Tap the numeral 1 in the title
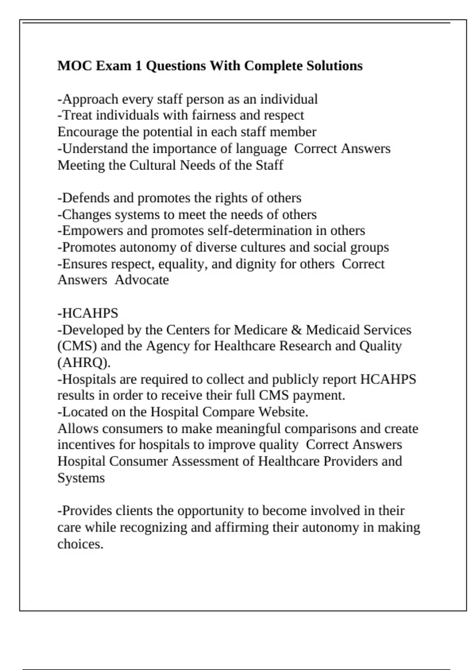coord(138,65)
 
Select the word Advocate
coord(142,280)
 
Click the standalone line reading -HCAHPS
coord(88,313)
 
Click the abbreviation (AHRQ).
coord(84,362)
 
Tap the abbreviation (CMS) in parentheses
coord(77,346)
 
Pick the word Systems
coord(81,478)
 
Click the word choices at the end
coord(80,544)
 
